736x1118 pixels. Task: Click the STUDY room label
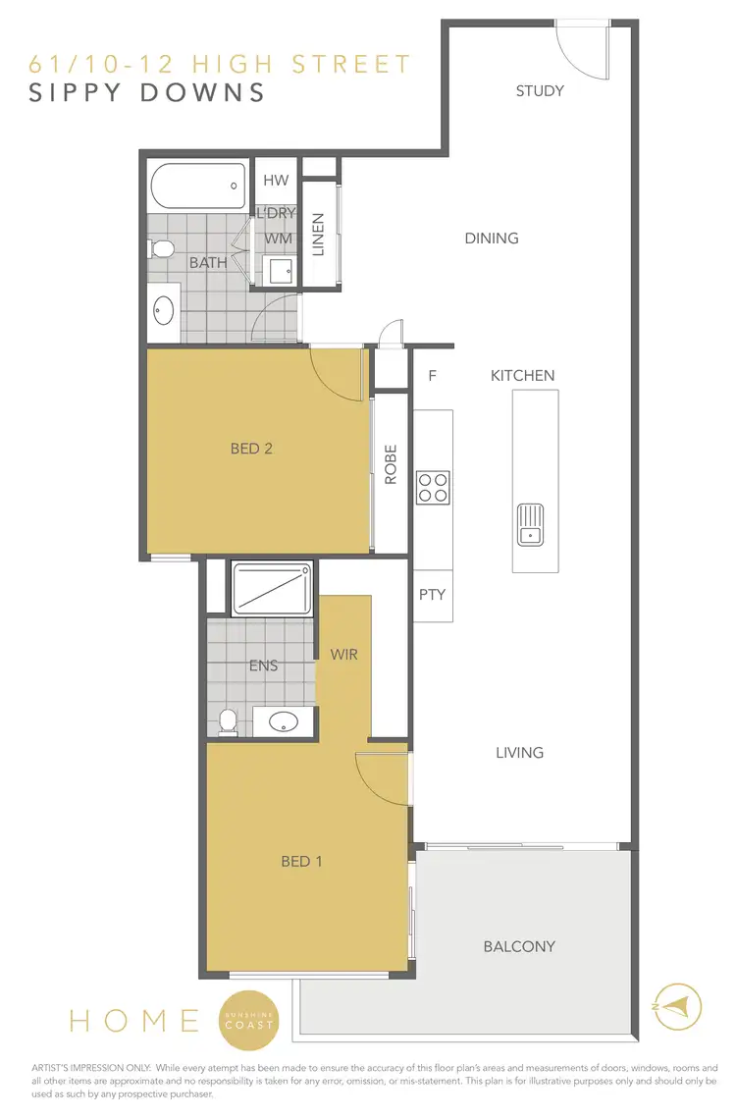[x=540, y=91]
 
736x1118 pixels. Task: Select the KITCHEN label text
[x=523, y=375]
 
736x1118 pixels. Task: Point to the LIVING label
[x=519, y=753]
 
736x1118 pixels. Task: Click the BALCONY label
[x=519, y=946]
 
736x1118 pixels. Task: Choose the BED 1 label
[x=302, y=862]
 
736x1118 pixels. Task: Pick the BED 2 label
[x=251, y=449]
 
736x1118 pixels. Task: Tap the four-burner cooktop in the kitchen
[x=433, y=488]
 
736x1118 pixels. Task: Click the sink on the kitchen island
[x=530, y=523]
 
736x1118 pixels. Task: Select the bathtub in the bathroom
[x=197, y=184]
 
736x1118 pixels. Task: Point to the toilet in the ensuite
[x=228, y=721]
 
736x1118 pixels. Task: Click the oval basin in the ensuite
[x=283, y=722]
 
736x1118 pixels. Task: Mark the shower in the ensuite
[x=271, y=588]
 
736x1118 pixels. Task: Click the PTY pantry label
[x=432, y=595]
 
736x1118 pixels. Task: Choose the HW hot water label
[x=277, y=180]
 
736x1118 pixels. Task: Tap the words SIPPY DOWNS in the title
[x=147, y=93]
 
